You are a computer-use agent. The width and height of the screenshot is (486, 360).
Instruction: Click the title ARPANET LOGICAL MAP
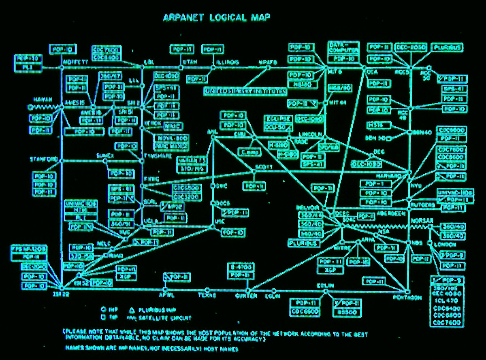click(x=216, y=17)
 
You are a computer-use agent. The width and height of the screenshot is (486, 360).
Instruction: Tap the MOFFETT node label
click(x=76, y=62)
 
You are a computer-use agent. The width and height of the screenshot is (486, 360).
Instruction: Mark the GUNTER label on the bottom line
click(x=246, y=296)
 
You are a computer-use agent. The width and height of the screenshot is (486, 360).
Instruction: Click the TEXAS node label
click(x=207, y=296)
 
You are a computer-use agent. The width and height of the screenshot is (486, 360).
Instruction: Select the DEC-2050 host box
click(x=411, y=48)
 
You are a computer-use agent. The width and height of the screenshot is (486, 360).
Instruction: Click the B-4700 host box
click(x=242, y=267)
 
